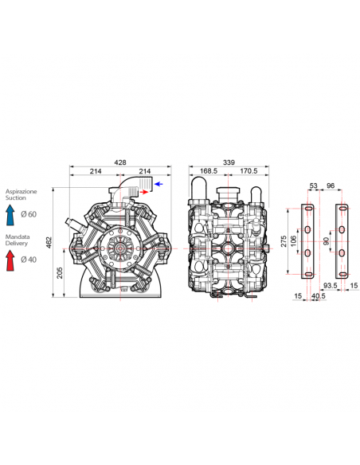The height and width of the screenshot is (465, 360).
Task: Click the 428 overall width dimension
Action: [x=120, y=162]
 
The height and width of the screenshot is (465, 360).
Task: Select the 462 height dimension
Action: [x=49, y=242]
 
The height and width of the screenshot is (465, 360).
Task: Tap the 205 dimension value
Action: [x=60, y=273]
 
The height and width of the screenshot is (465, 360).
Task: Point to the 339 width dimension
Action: [x=229, y=162]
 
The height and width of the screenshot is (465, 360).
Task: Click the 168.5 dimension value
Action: [x=209, y=171]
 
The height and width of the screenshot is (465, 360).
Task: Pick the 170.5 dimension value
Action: [x=248, y=171]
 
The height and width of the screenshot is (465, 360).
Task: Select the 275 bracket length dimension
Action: [x=284, y=241]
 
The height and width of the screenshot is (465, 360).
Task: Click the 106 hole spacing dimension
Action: [x=293, y=241]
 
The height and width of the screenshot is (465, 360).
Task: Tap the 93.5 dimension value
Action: [x=330, y=286]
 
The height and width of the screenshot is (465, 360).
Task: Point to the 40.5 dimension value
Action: [x=319, y=296]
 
